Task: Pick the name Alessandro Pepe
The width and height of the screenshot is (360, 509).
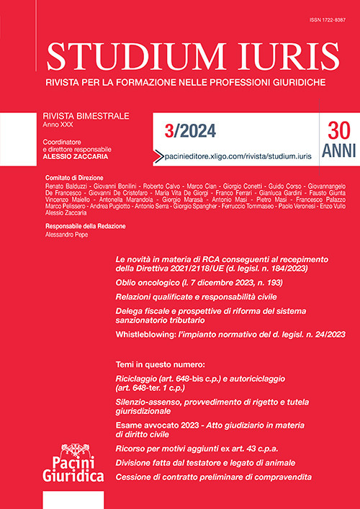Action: [x=66, y=236]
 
